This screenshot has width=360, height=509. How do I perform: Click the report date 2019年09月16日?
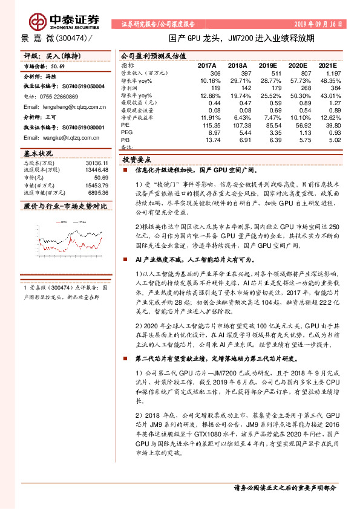click(321, 24)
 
